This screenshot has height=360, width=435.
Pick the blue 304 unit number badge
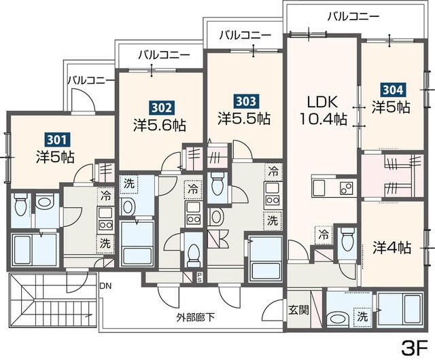tap(391, 89)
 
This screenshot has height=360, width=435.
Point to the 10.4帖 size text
tap(322, 120)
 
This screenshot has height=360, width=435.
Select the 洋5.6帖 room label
tap(160, 126)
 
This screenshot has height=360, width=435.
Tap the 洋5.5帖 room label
tap(244, 118)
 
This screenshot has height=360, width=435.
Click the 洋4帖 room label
tap(391, 247)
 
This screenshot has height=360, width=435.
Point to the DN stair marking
tap(105, 286)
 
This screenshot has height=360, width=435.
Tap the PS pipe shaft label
tap(199, 276)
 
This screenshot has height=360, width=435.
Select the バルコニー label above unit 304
tap(352, 16)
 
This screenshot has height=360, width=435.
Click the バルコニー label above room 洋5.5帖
tap(245, 35)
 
